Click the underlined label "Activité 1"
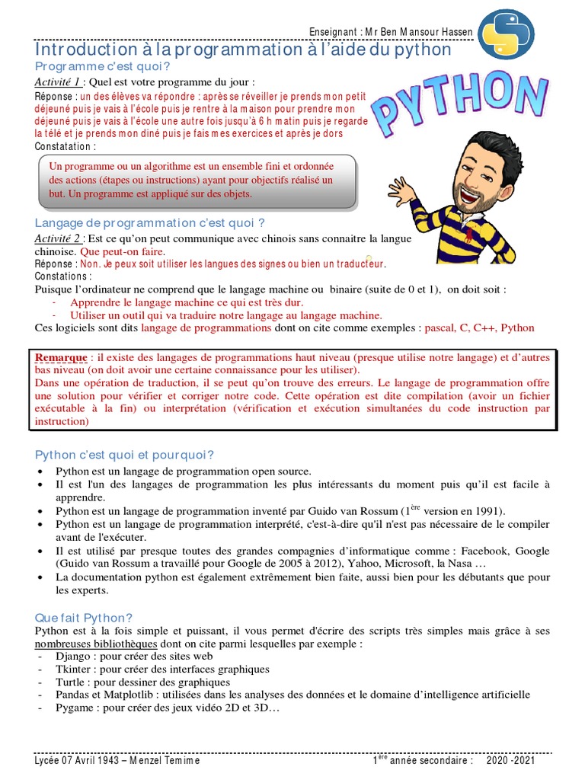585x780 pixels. tap(58, 82)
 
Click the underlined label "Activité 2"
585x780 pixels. tap(58, 238)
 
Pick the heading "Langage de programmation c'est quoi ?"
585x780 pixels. tap(150, 222)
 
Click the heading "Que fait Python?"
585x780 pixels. tap(85, 618)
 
